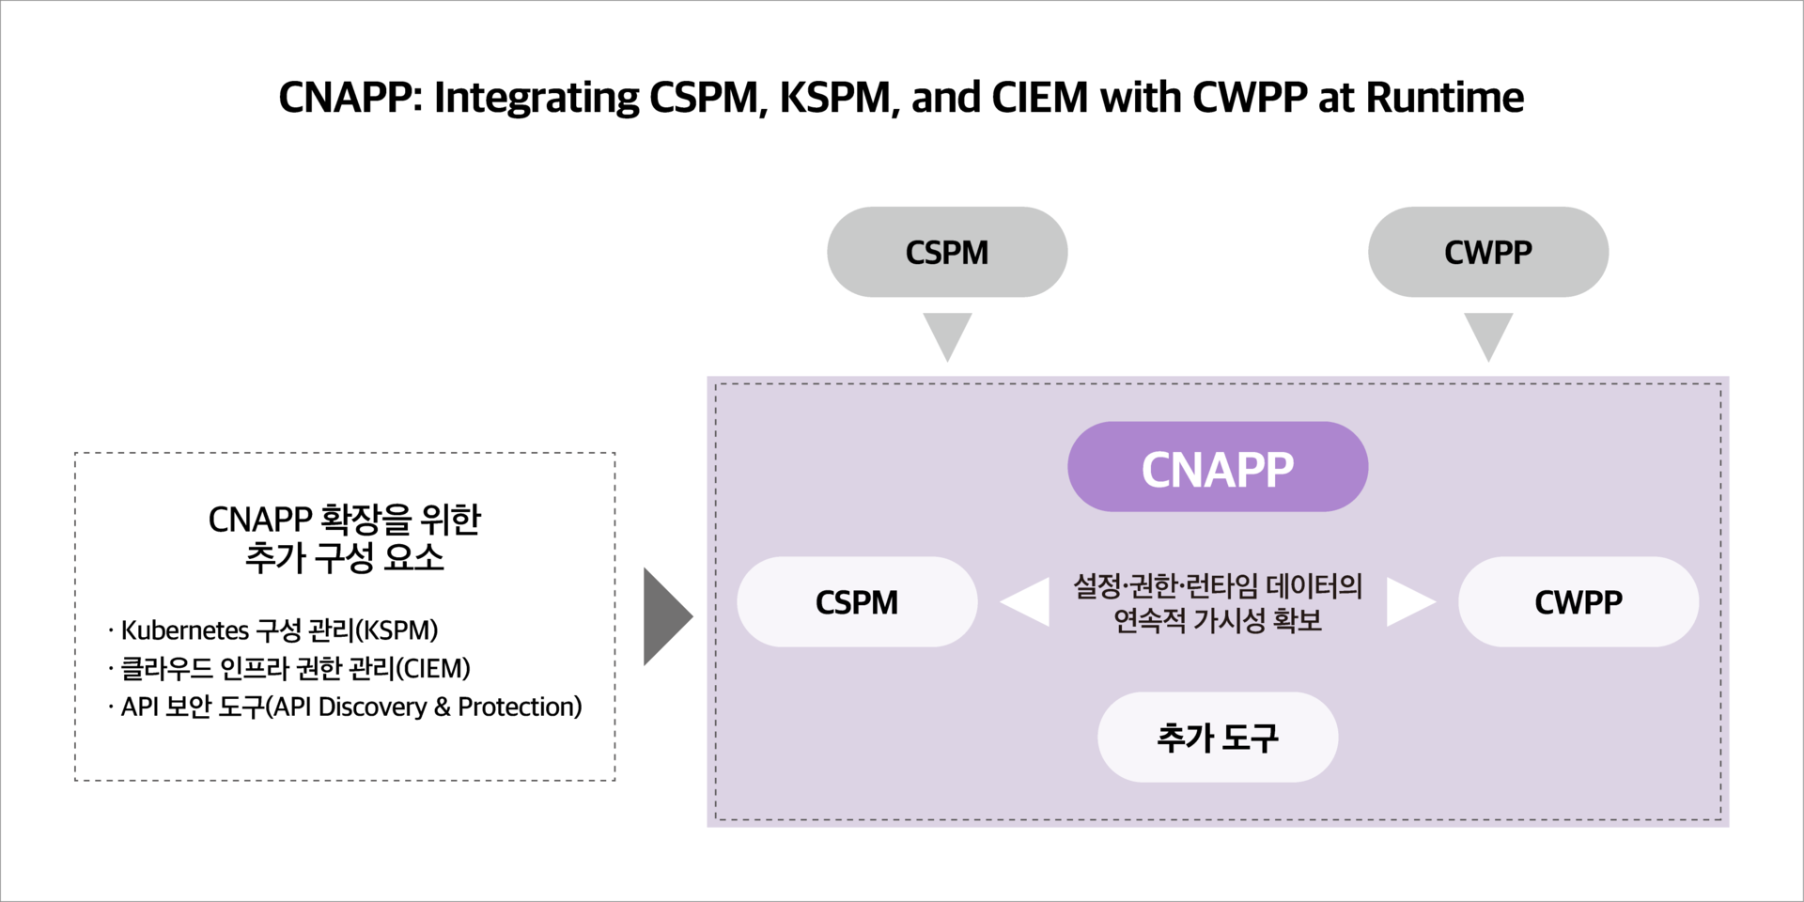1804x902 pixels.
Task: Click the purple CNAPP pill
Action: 1217,467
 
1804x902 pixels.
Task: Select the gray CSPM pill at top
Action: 946,252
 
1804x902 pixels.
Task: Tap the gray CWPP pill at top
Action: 1487,252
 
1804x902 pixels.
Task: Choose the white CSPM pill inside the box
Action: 856,601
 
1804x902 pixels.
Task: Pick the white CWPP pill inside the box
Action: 1578,601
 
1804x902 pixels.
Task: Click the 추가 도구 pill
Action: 1217,737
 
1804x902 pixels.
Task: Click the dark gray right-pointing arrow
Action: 665,616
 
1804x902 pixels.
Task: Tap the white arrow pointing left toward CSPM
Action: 1028,601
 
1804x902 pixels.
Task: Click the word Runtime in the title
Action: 1444,98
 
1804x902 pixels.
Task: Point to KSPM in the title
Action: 834,98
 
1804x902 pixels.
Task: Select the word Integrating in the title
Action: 537,98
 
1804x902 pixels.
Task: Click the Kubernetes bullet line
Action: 279,630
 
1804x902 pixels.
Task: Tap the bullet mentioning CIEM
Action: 295,668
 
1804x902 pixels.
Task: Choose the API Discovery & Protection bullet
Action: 350,707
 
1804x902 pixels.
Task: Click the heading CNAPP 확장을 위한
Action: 344,519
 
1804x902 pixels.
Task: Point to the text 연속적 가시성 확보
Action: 1218,620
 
